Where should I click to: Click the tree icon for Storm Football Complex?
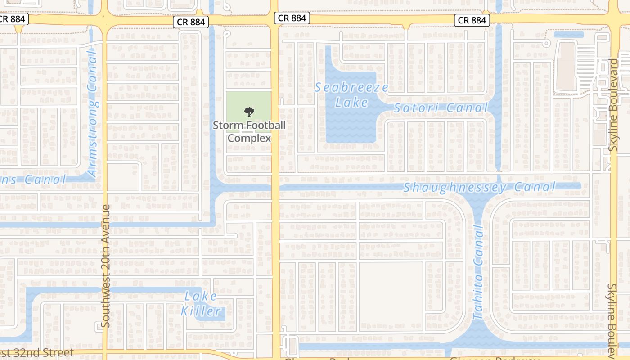pos(248,112)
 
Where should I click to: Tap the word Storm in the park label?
pos(224,126)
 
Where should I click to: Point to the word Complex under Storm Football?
pos(249,138)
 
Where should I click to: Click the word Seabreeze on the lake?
pos(351,88)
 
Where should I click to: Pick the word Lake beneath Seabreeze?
pos(351,103)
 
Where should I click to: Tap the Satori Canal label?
pos(441,108)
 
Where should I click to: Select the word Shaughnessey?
pos(455,188)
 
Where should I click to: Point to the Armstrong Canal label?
pos(92,113)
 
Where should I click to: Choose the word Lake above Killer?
pos(201,296)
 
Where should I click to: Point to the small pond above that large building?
pos(569,35)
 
